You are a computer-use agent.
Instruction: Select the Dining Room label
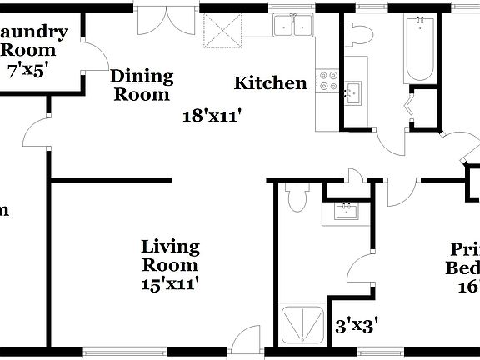click(142, 85)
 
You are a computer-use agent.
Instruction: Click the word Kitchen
click(270, 83)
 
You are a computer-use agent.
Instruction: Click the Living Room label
click(170, 256)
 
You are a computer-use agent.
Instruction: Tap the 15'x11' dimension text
click(170, 283)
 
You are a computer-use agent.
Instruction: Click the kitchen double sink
click(292, 27)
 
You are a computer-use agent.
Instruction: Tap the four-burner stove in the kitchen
click(327, 78)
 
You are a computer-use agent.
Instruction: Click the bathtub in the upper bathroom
click(417, 48)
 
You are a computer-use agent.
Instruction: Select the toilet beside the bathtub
click(360, 36)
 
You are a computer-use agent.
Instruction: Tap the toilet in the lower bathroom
click(294, 197)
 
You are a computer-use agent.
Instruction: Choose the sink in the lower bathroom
click(343, 211)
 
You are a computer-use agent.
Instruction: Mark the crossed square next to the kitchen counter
click(222, 32)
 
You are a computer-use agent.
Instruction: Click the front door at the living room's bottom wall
click(244, 341)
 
